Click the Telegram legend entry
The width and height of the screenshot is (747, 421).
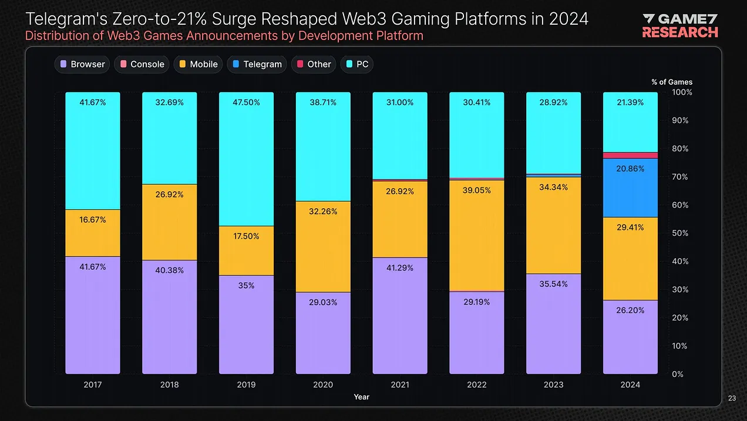point(257,64)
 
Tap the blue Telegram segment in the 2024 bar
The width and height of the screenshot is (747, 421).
point(630,188)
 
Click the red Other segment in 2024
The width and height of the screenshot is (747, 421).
point(630,155)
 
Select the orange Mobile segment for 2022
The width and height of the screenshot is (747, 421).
point(476,235)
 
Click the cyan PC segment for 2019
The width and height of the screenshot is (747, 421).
point(246,159)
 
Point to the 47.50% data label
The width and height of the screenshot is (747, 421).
point(246,102)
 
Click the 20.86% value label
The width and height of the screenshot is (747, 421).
point(630,169)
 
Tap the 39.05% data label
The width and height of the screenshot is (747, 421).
point(476,191)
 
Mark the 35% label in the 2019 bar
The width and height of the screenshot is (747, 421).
point(246,286)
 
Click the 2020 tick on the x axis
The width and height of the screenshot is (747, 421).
point(323,385)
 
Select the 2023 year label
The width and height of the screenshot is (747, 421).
point(553,385)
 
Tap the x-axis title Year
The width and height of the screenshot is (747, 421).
point(362,397)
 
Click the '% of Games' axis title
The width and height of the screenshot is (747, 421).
point(672,82)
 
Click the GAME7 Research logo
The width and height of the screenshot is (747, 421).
point(680,26)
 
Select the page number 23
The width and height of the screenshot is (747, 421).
point(732,399)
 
